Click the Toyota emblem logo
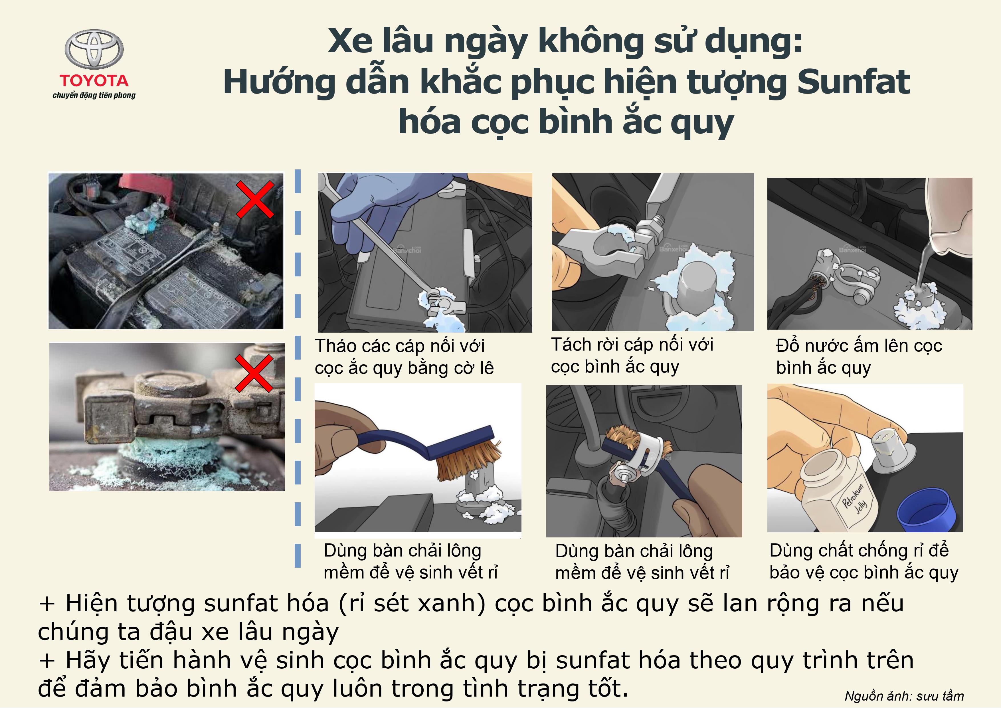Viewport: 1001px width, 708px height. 94,49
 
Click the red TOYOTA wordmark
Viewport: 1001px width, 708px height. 94,81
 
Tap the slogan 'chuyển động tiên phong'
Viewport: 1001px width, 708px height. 94,95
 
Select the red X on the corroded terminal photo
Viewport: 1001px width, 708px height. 254,373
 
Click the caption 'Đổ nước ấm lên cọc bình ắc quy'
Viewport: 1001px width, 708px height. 859,357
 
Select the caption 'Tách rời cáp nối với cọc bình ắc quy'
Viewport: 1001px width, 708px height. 632,356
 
